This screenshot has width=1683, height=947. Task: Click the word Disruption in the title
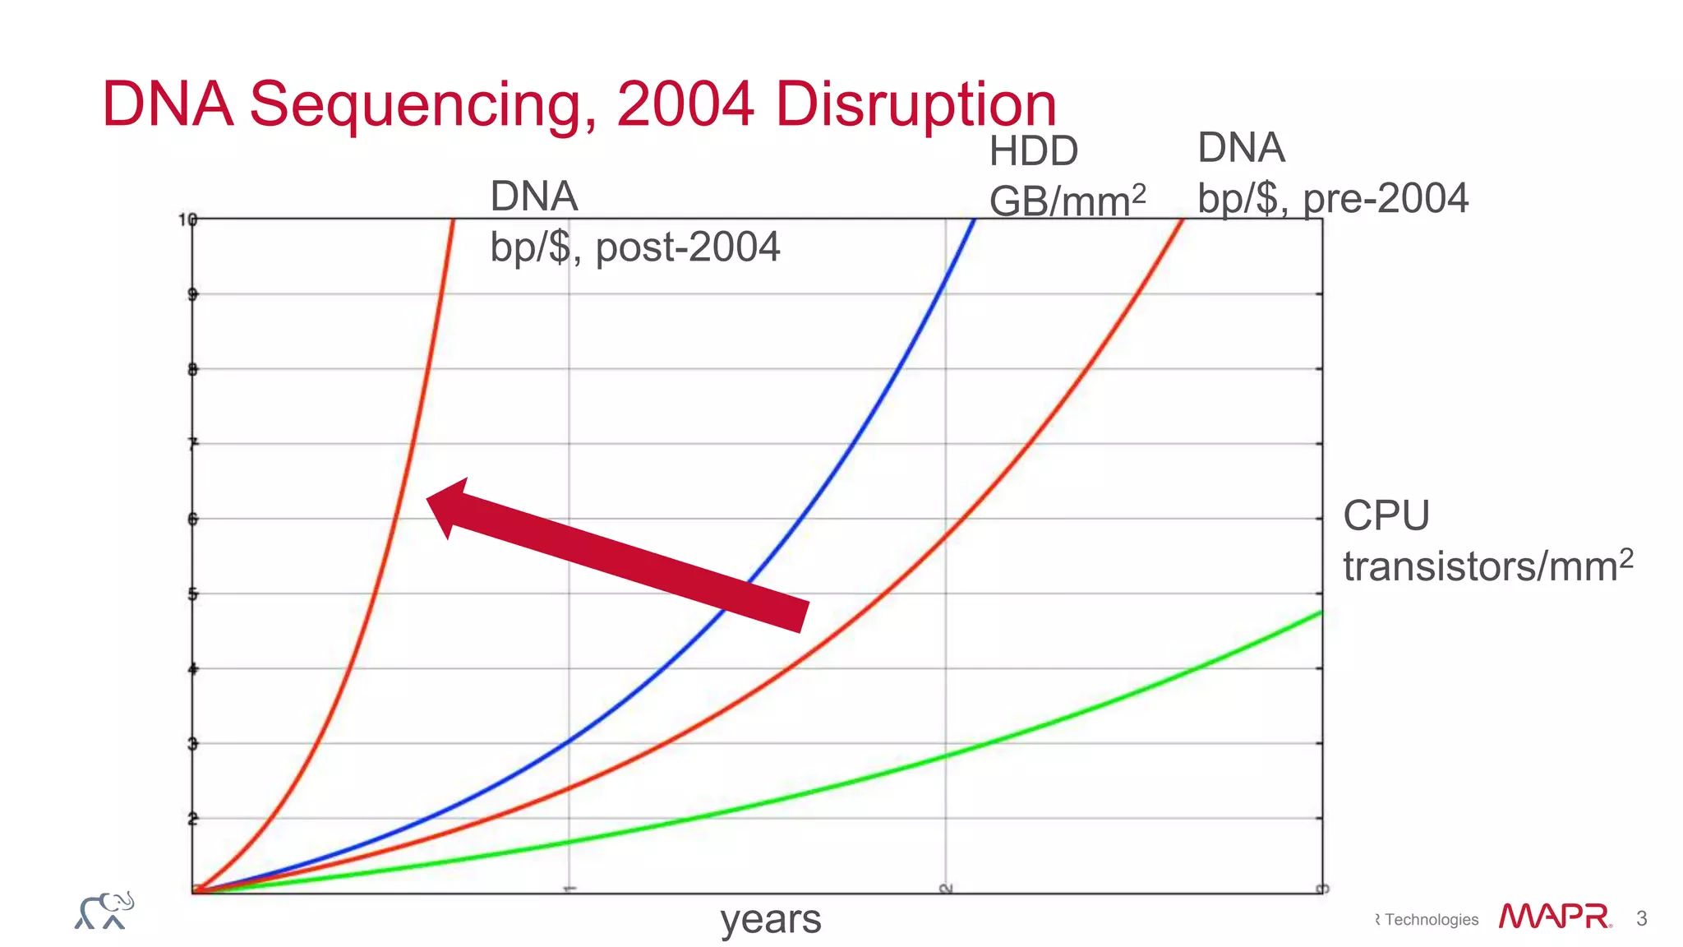point(915,105)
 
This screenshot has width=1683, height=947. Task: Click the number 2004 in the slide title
point(685,104)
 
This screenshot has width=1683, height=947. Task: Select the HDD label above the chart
point(1033,151)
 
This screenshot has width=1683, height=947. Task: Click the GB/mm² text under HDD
point(1066,201)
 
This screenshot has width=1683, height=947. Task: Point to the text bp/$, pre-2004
point(1332,198)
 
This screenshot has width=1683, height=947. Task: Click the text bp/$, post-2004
point(634,247)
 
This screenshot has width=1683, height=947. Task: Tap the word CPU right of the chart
point(1386,516)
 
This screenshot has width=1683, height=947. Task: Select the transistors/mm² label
point(1487,566)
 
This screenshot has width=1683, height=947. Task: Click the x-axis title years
point(770,919)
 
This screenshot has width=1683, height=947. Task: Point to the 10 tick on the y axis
point(187,219)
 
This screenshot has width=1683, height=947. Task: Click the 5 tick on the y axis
point(192,594)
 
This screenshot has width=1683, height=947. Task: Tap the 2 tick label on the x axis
point(946,889)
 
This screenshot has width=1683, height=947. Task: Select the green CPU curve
point(1068,718)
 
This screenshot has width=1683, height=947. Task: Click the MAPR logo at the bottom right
point(1554,917)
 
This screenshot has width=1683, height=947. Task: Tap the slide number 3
point(1641,918)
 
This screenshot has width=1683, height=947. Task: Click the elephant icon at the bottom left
point(104,911)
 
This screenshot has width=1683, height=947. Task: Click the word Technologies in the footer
point(1431,920)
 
